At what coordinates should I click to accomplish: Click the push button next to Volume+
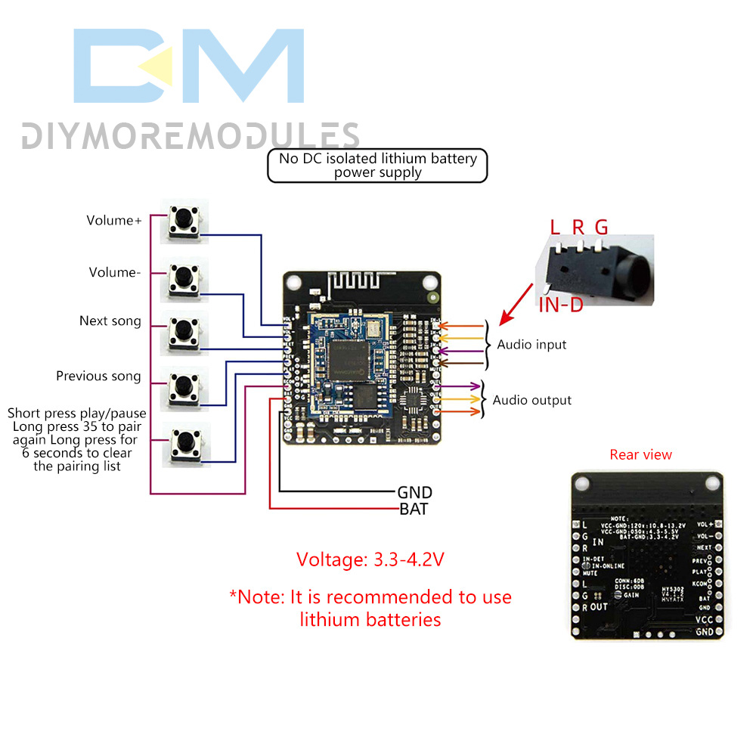point(184,220)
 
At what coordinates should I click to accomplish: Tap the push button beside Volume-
point(184,277)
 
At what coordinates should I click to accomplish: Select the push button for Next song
point(184,331)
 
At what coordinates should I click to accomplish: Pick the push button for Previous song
point(184,385)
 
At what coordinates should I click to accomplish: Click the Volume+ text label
point(114,221)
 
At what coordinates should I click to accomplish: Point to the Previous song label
point(98,376)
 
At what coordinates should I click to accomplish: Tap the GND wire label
point(414,493)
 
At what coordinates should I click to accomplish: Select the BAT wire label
point(414,509)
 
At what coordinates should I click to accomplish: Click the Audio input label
point(531,344)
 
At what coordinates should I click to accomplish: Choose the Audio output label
point(532,400)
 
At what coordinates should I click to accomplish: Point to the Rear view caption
point(640,454)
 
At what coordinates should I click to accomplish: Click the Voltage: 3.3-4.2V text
point(370,560)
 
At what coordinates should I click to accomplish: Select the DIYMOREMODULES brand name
point(190,136)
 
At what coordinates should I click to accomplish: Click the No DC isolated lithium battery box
point(377,166)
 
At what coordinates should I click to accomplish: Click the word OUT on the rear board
point(599,606)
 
